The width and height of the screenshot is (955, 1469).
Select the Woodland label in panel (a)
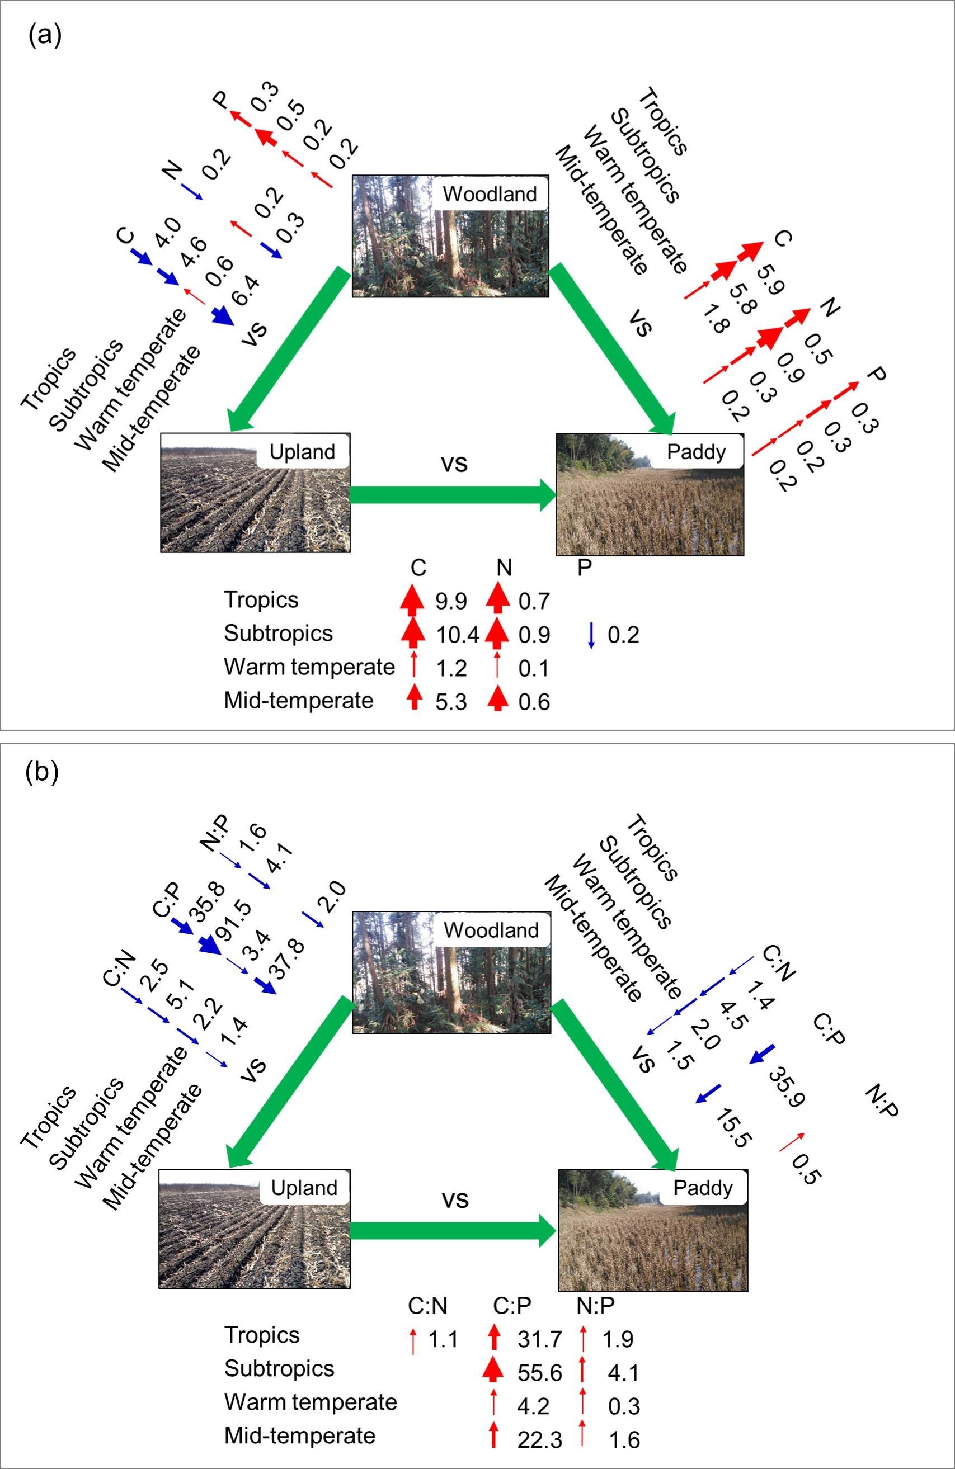(x=490, y=195)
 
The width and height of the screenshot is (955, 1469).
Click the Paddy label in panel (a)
(x=697, y=452)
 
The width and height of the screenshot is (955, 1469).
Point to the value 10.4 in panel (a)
(x=457, y=635)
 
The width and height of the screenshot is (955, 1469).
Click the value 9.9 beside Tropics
(x=451, y=601)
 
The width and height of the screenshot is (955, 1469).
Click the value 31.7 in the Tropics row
(x=539, y=1340)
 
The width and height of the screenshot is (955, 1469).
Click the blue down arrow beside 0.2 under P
(x=591, y=635)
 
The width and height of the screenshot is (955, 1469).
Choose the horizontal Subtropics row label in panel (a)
(x=278, y=633)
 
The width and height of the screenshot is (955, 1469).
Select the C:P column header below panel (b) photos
(x=512, y=1306)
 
